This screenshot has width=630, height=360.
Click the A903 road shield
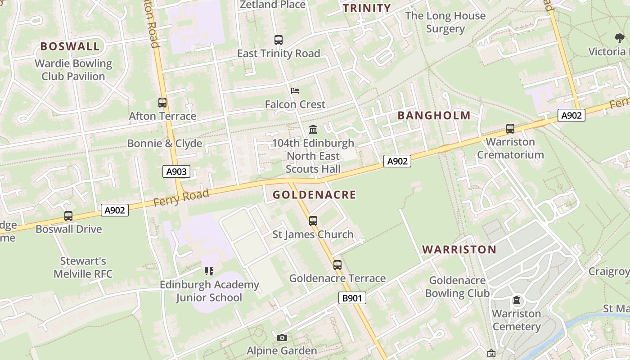coord(176,171)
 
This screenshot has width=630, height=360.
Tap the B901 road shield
coord(352,298)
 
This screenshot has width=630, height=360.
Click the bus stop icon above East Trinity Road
coord(279,40)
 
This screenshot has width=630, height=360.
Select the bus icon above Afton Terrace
coord(162,103)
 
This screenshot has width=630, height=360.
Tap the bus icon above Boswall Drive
coord(68,216)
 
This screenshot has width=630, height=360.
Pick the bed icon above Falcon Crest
coord(295,91)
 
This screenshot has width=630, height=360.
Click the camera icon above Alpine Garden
coord(282,337)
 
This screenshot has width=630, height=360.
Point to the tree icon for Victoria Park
coord(620,38)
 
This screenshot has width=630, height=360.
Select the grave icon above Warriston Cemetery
coord(517,300)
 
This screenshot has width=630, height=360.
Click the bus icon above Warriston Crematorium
coord(510,129)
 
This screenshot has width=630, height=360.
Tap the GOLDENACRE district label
coord(314,195)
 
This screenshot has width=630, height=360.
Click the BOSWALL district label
coord(70,46)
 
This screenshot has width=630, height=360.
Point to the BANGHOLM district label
coord(434,116)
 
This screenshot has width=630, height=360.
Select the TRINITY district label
coord(367,8)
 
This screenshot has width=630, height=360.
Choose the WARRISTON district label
coord(459,250)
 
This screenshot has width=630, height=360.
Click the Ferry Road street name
coord(181,198)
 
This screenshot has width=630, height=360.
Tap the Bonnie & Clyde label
coord(164,144)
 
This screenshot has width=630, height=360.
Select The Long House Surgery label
coord(445,22)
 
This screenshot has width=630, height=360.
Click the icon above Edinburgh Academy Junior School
coord(209,271)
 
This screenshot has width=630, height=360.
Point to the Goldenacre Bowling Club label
coord(457,287)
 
